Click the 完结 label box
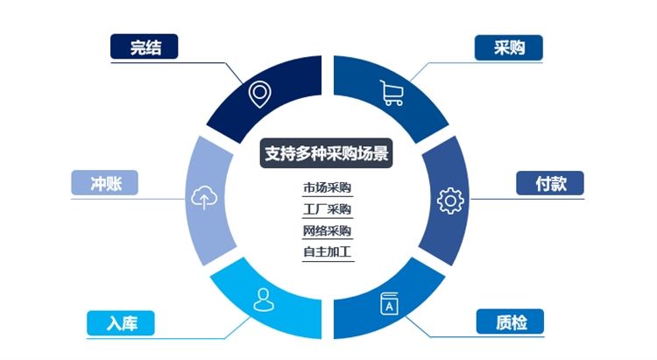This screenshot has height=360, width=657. (x=145, y=46)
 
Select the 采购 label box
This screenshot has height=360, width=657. (x=509, y=47)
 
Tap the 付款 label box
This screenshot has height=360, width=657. (x=550, y=183)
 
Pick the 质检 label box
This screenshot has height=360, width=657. (x=511, y=321)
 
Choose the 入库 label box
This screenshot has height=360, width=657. (x=121, y=323)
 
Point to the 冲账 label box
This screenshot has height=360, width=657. (x=105, y=183)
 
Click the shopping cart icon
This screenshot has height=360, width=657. (x=392, y=93)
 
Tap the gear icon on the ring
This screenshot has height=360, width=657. (x=450, y=201)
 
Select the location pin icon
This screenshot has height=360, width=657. (x=260, y=94)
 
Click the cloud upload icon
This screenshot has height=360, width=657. (x=204, y=197)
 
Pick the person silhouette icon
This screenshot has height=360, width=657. (x=264, y=300)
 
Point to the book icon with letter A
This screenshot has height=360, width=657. (x=389, y=304)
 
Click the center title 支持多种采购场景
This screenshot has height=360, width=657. (x=327, y=153)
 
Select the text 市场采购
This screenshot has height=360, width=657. (x=328, y=187)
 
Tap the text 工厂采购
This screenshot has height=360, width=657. (x=328, y=208)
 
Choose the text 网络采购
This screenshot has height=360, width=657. (x=328, y=230)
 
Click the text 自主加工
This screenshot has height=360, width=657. (x=328, y=252)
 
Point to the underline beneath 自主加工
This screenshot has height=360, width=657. (x=328, y=262)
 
